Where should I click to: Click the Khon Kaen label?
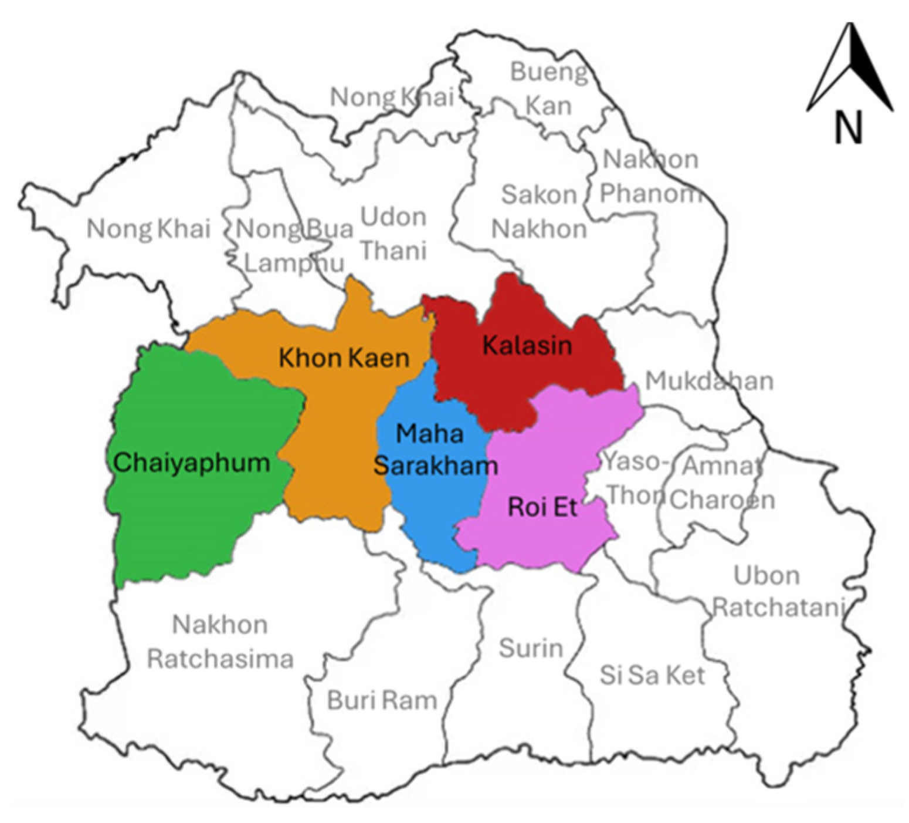pyautogui.click(x=344, y=357)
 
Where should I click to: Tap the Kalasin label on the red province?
pyautogui.click(x=527, y=345)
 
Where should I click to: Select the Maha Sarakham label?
pyautogui.click(x=435, y=450)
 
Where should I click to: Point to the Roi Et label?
pyautogui.click(x=542, y=507)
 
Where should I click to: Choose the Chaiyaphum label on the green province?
pyautogui.click(x=191, y=463)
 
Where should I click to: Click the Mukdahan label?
pyautogui.click(x=709, y=381)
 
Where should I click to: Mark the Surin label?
pyautogui.click(x=531, y=648)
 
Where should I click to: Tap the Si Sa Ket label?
pyautogui.click(x=652, y=675)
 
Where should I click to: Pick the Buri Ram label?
pyautogui.click(x=382, y=700)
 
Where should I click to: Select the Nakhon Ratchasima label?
pyautogui.click(x=220, y=642)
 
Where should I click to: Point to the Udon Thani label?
pyautogui.click(x=393, y=234)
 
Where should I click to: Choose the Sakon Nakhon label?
pyautogui.click(x=539, y=211)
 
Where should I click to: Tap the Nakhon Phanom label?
pyautogui.click(x=650, y=176)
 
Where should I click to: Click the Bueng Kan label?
pyautogui.click(x=548, y=89)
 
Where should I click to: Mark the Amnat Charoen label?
pyautogui.click(x=723, y=483)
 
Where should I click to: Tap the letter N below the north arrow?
pyautogui.click(x=849, y=127)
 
